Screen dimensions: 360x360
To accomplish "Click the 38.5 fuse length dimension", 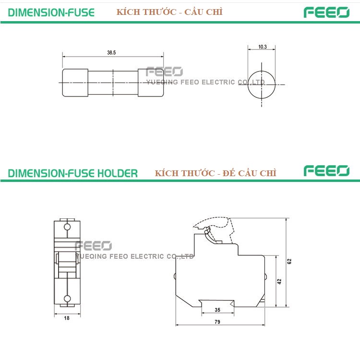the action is [x=111, y=53].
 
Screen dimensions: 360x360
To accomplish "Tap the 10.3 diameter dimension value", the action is [x=263, y=47].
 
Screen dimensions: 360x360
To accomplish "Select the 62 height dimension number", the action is [x=289, y=261].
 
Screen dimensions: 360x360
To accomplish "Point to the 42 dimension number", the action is [x=279, y=281].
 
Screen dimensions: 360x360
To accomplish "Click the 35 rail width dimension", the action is [x=217, y=310].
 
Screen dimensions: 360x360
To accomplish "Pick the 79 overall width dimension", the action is [x=217, y=322].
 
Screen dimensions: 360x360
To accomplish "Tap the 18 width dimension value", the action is [x=67, y=318].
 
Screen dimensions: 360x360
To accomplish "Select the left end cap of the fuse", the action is [x=75, y=83].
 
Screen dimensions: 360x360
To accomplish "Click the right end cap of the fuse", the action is [x=151, y=83].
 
